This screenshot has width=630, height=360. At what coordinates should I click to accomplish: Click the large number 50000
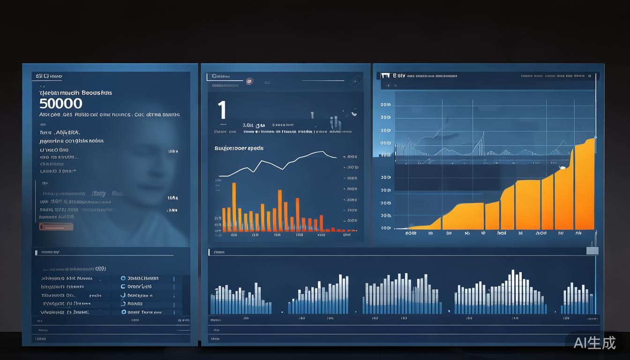[x=61, y=104]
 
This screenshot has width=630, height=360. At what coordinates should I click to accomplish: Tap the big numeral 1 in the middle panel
[x=222, y=110]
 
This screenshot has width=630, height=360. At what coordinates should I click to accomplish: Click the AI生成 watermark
[x=594, y=343]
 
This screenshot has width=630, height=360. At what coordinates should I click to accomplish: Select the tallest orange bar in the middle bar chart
[x=234, y=207]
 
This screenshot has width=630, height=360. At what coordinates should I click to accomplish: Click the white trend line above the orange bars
[x=281, y=163]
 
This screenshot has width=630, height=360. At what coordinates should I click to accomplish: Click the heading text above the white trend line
[x=239, y=148]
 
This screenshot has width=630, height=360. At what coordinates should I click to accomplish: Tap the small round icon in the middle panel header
[x=249, y=81]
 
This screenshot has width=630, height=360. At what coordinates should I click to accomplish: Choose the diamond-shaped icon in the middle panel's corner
[x=355, y=81]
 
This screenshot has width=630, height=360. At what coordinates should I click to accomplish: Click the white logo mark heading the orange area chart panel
[x=386, y=75]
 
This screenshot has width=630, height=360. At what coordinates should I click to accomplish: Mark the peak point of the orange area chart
[x=594, y=138]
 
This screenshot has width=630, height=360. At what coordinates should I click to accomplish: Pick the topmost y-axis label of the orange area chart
[x=385, y=105]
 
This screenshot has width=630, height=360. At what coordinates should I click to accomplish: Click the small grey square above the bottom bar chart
[x=592, y=251]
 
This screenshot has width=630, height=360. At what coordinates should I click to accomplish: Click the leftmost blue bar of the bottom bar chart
[x=212, y=304]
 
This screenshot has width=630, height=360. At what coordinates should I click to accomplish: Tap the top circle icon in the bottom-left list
[x=123, y=278]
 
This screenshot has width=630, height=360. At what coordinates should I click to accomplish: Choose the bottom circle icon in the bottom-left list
[x=123, y=312]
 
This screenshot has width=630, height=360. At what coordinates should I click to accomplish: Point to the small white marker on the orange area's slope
[x=562, y=167]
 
